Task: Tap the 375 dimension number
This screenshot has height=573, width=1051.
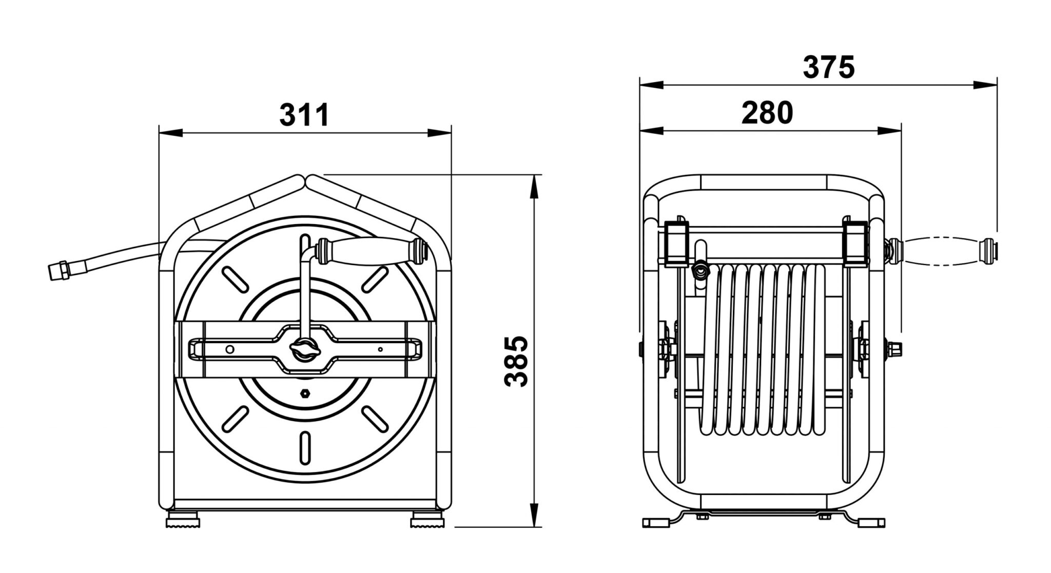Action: tap(829, 67)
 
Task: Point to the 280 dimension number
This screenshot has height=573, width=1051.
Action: tap(767, 113)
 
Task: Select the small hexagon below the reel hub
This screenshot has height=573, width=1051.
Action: tap(304, 393)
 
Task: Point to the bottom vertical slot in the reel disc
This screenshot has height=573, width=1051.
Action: tap(305, 448)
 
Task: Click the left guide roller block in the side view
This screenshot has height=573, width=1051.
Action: tap(676, 245)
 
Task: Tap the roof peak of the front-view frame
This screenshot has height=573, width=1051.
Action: tap(305, 179)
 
